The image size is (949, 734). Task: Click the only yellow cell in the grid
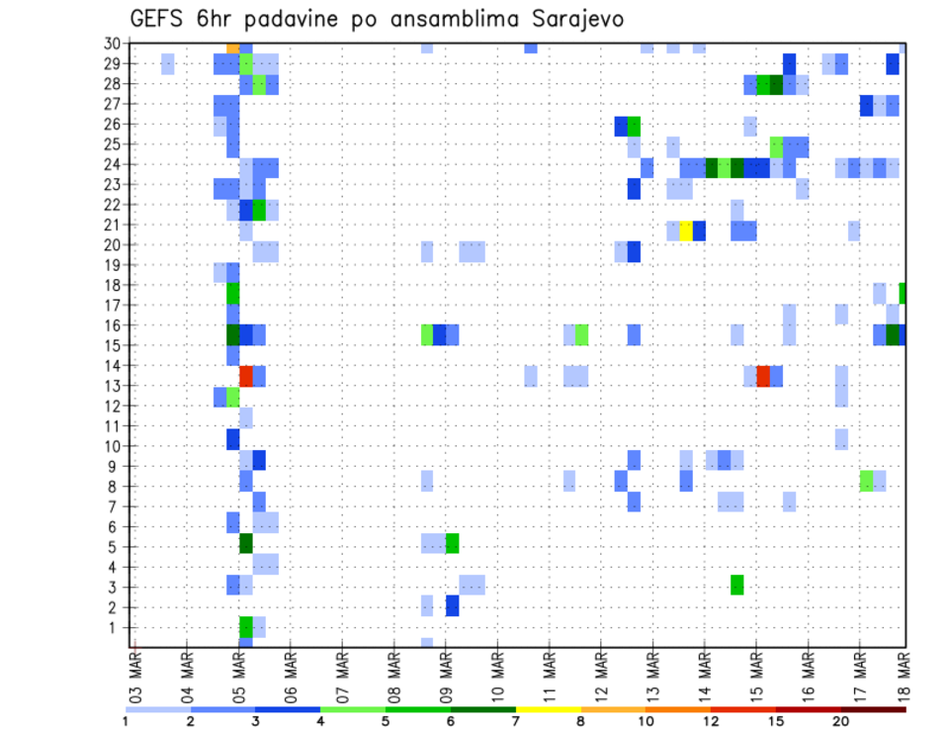(686, 230)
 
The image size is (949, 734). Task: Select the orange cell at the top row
(233, 47)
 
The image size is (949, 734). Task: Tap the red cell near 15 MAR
(763, 376)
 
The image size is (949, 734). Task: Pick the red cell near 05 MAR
(246, 376)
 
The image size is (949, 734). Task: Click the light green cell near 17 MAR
(867, 482)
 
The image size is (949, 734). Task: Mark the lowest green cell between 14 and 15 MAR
(737, 585)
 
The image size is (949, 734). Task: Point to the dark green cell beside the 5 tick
(246, 543)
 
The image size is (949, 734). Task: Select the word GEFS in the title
(156, 19)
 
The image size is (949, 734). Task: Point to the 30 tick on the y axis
(114, 44)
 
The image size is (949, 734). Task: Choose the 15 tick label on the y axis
(114, 345)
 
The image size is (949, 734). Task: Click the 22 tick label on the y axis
(114, 205)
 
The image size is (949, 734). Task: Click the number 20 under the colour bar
(841, 721)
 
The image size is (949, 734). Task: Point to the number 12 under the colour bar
(711, 721)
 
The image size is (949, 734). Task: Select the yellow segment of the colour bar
(549, 709)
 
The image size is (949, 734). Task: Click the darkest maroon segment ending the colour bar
(874, 709)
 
